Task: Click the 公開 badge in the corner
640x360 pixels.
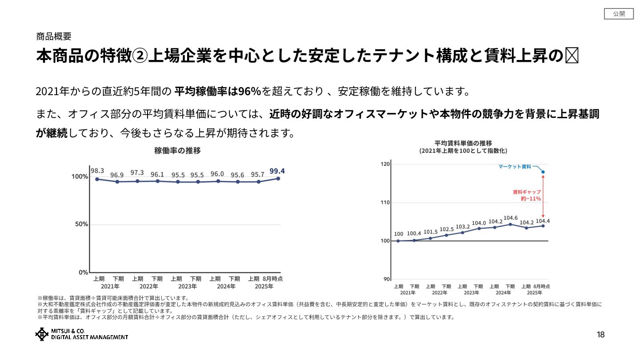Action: [619, 14]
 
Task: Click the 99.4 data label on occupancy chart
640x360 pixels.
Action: [277, 171]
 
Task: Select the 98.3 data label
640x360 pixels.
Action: [97, 171]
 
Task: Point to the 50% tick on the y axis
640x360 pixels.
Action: [80, 224]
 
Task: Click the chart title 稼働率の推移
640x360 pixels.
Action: [177, 151]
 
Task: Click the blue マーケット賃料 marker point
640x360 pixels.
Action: [543, 172]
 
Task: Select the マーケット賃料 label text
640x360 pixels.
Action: [515, 167]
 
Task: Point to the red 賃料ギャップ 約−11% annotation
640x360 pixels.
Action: [527, 196]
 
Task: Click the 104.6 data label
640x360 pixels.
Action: [510, 218]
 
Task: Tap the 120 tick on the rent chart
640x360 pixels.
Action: [385, 164]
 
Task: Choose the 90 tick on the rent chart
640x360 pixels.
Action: [387, 279]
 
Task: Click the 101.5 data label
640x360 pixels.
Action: [430, 232]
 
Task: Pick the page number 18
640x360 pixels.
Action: [600, 335]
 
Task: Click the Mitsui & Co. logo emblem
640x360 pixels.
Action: [42, 334]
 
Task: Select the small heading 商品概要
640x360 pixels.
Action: [54, 37]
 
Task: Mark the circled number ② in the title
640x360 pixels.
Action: [140, 56]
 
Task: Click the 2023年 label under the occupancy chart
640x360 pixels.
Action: [187, 287]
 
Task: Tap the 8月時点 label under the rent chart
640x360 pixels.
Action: [542, 286]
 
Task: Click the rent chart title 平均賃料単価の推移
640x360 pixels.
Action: [463, 143]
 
